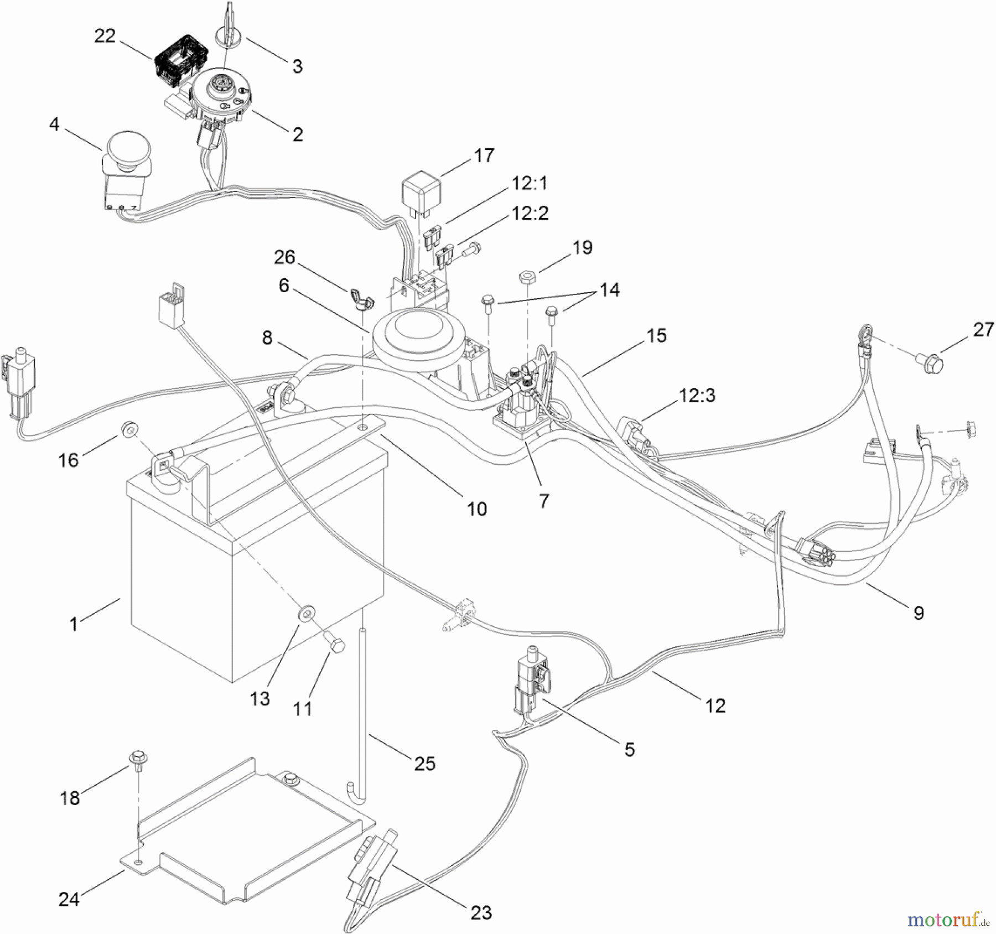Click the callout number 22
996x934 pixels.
(x=105, y=36)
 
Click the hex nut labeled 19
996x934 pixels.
(x=526, y=275)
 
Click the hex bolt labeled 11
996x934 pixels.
(x=336, y=645)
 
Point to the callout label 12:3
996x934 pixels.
(x=697, y=395)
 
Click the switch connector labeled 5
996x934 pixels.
(x=530, y=679)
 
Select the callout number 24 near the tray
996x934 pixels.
(x=69, y=899)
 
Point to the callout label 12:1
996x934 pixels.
(x=530, y=183)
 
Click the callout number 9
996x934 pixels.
(x=918, y=613)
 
